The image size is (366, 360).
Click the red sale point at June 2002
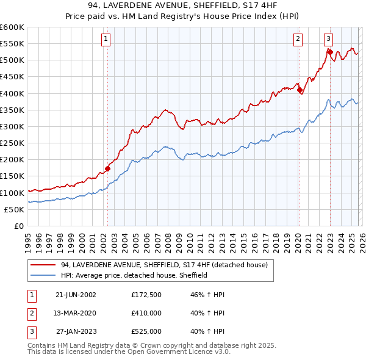[x=108, y=168]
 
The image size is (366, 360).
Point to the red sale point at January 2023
[x=330, y=52]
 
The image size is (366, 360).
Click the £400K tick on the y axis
[x=12, y=93]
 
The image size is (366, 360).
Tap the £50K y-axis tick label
[x=15, y=209]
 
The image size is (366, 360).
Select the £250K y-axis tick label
[x=12, y=143]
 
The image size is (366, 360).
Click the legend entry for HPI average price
[x=134, y=276]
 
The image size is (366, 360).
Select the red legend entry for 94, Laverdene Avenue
[x=163, y=265]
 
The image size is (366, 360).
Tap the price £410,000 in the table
[x=146, y=313]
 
